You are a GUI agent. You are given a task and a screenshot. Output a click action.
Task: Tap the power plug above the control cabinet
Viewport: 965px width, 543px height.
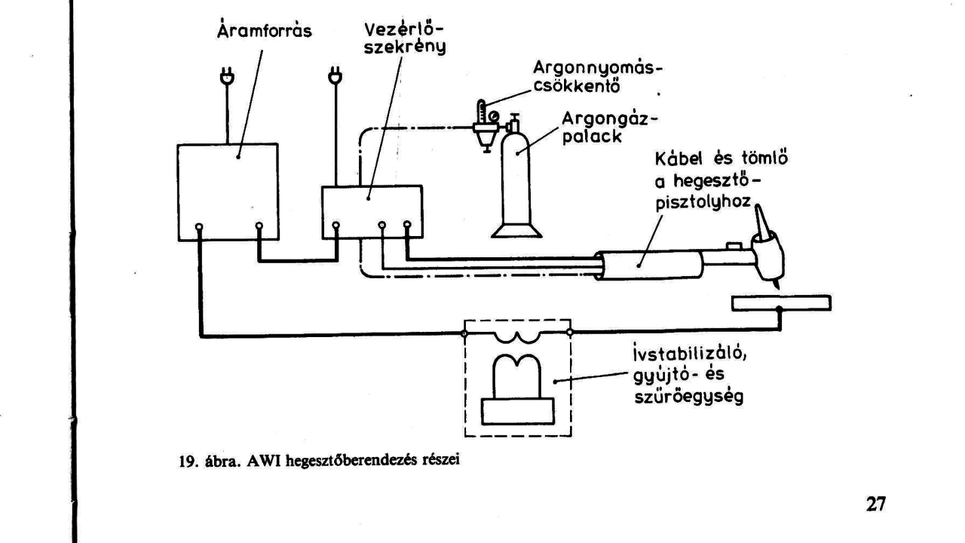335,77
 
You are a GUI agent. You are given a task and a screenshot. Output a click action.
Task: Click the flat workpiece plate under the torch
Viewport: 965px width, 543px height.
781,303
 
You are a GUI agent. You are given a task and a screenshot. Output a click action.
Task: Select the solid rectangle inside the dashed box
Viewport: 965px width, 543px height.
517,410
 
